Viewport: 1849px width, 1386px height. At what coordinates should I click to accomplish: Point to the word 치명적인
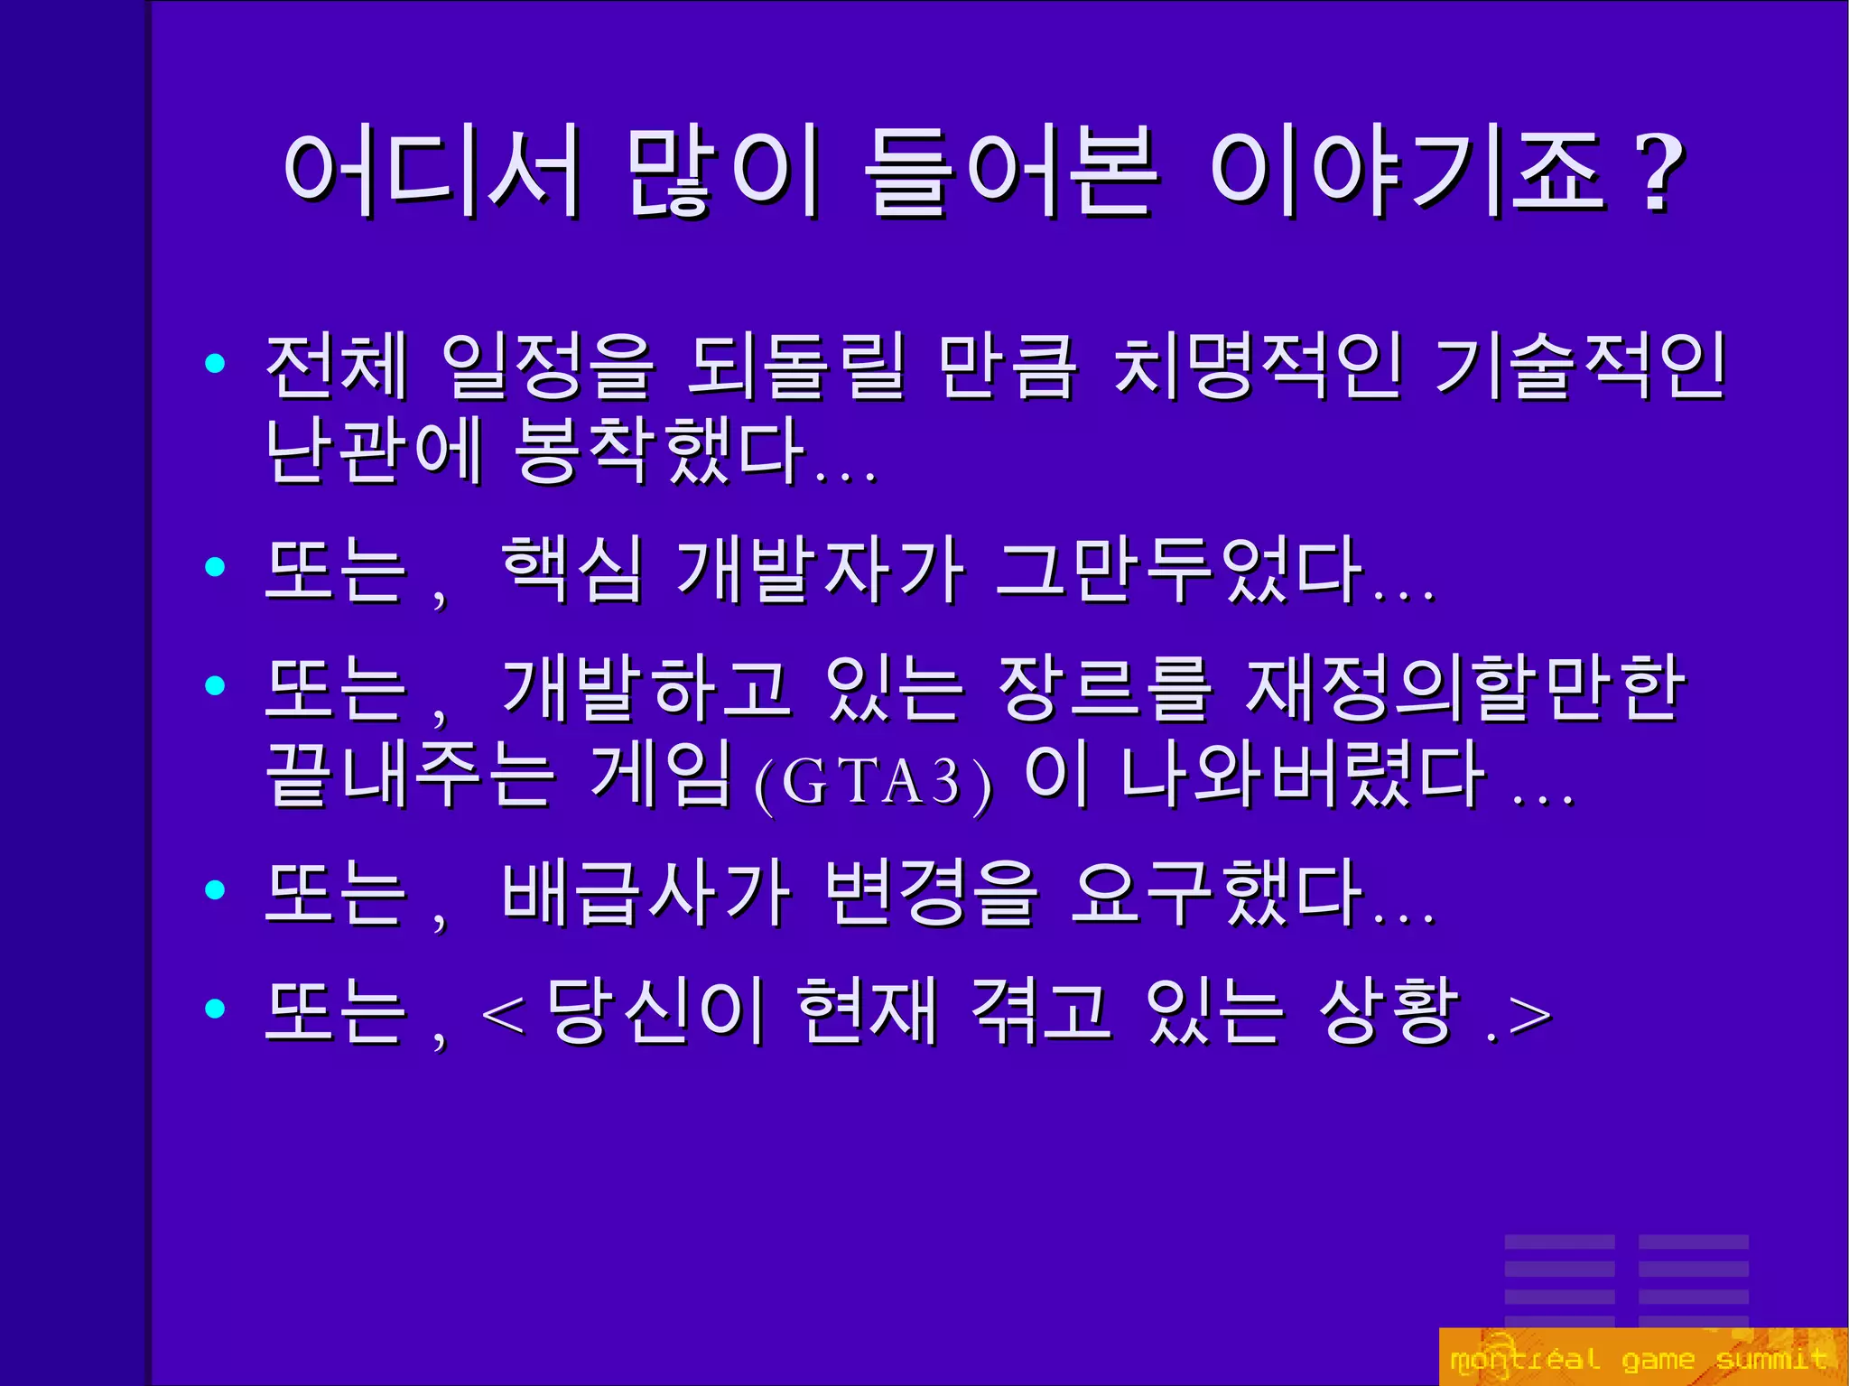click(1258, 366)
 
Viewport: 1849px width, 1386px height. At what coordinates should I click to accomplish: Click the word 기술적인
click(1580, 366)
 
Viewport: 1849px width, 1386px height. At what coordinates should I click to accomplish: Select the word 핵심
click(572, 569)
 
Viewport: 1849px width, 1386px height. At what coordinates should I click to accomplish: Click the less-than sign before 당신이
click(504, 1016)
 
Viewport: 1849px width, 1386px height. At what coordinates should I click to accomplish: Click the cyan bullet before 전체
click(215, 364)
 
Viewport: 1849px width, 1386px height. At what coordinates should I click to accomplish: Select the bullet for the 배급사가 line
click(215, 890)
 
